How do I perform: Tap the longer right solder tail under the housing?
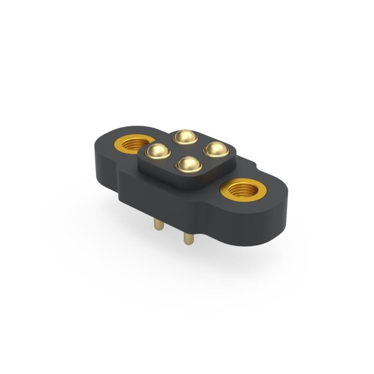pyautogui.click(x=188, y=236)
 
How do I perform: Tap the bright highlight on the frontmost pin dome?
pyautogui.click(x=186, y=160)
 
